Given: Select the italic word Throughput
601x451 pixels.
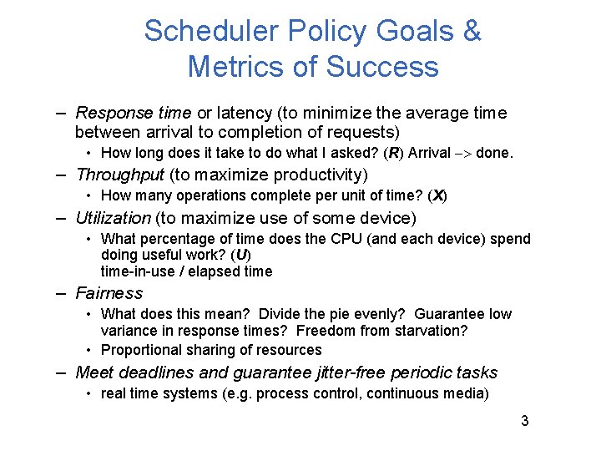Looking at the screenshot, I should click(x=120, y=175).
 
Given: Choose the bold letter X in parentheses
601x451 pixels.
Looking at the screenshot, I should click(x=437, y=195).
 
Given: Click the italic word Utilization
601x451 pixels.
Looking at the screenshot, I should click(x=114, y=218).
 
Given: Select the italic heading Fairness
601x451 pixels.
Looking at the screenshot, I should click(x=109, y=293).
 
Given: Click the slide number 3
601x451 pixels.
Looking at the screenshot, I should click(x=524, y=421).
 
